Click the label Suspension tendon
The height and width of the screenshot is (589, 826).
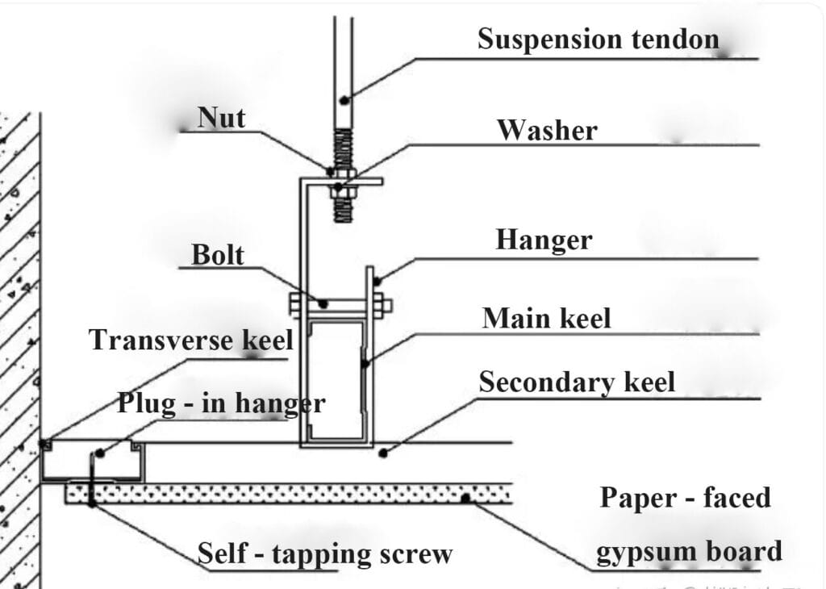tap(597, 38)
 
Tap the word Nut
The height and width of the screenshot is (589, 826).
tap(221, 119)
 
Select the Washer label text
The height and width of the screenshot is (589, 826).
tap(547, 130)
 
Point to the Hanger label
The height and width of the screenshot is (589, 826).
tap(544, 240)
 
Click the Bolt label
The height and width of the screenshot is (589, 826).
tap(217, 254)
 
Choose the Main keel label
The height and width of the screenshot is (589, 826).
tap(546, 318)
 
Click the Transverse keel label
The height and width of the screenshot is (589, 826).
tap(190, 340)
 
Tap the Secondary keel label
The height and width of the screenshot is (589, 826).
tap(577, 382)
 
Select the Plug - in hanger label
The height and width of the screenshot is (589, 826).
tap(221, 403)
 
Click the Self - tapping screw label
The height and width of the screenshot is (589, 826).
tap(324, 553)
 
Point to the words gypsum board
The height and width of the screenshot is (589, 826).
tap(689, 551)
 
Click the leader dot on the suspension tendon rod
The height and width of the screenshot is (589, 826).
tap(344, 99)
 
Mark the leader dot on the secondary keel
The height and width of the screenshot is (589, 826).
tap(383, 453)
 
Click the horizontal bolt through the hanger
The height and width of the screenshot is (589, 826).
tap(339, 305)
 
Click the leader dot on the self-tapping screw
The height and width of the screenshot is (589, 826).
tap(92, 503)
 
